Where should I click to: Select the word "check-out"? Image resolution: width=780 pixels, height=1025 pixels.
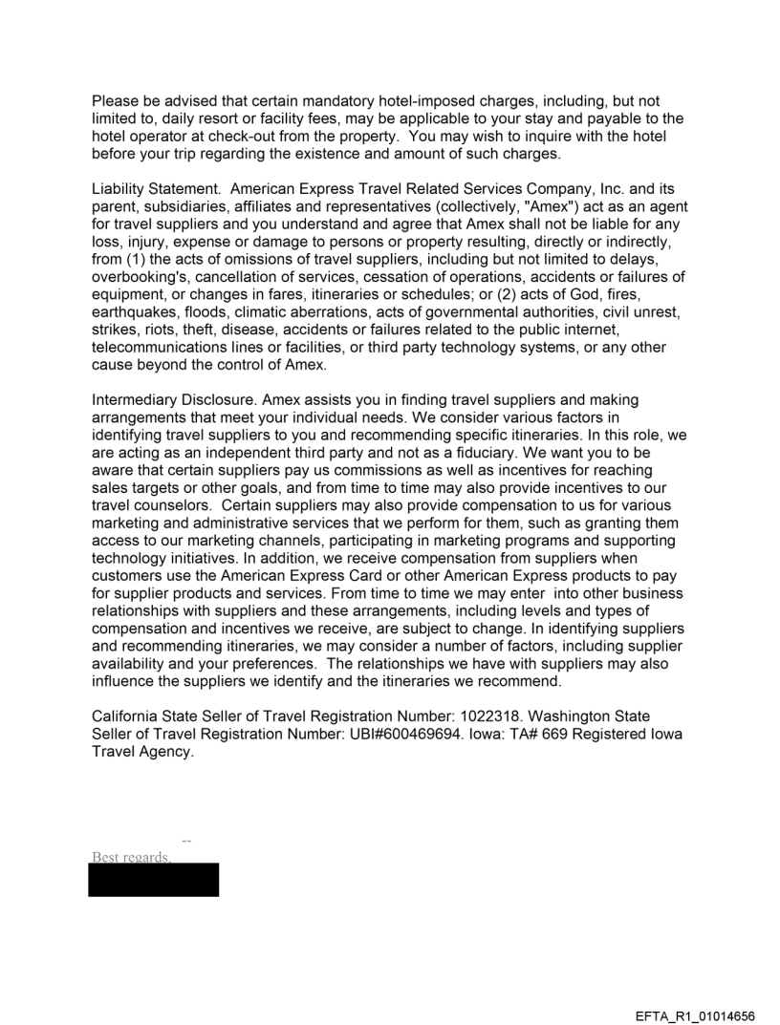tap(263, 137)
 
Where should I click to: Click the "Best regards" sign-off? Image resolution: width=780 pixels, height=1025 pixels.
tap(131, 857)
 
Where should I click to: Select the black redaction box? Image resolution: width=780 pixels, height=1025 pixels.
tap(153, 880)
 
